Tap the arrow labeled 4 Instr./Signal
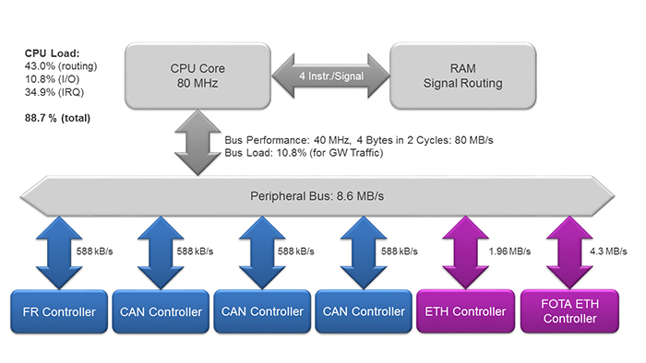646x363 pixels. click(327, 75)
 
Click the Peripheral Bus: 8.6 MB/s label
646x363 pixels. click(316, 196)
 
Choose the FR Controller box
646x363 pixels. click(57, 311)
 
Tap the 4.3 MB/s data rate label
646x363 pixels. click(606, 251)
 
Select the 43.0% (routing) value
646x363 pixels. click(62, 66)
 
